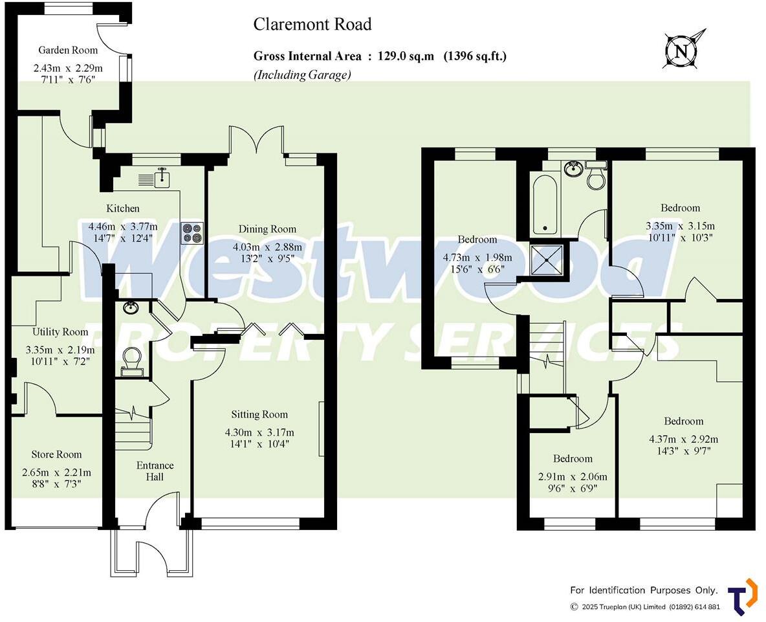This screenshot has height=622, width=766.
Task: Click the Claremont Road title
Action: [x=312, y=25]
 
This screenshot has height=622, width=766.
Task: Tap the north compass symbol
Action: [x=684, y=49]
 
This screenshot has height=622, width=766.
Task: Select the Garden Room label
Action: [x=68, y=50]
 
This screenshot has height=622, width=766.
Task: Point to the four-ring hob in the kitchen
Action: [x=193, y=232]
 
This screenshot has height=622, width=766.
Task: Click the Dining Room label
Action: [x=267, y=228]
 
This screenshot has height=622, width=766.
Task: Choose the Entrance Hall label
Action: [x=155, y=471]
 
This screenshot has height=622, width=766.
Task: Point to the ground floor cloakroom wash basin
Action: [x=132, y=307]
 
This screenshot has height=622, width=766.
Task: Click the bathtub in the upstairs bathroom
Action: [x=545, y=205]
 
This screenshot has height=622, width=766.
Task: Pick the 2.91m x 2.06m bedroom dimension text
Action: [x=573, y=476]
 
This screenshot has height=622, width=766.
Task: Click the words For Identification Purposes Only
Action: [x=644, y=590]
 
